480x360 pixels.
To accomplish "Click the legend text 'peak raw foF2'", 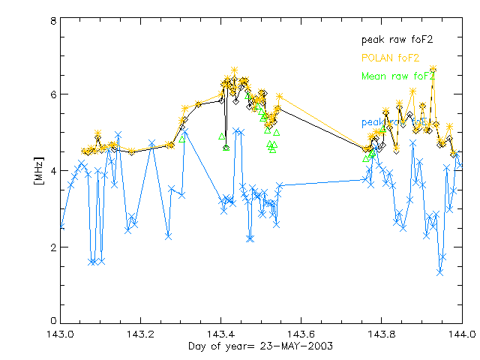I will click(x=397, y=39).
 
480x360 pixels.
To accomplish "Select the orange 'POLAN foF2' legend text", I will click(x=389, y=58).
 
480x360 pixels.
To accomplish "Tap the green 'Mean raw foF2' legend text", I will click(x=397, y=76).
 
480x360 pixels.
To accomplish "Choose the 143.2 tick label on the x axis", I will click(x=140, y=334).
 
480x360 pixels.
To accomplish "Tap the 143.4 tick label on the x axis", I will click(x=220, y=334).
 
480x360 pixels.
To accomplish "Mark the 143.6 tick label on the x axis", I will click(x=301, y=334).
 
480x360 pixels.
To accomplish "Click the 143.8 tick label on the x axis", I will click(x=381, y=334).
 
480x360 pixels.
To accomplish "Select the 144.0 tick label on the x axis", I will click(x=460, y=334).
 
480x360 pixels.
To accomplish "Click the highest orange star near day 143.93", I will click(x=433, y=68).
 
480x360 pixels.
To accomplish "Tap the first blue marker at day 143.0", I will click(x=61, y=226).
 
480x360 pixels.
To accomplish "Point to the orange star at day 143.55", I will click(x=279, y=96).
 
